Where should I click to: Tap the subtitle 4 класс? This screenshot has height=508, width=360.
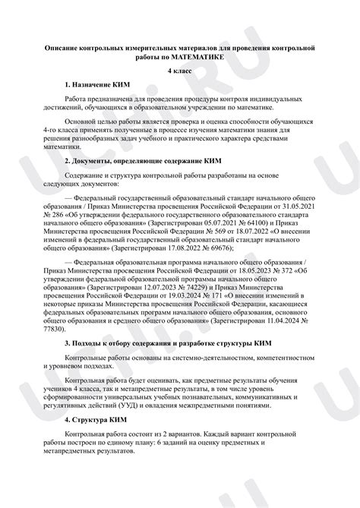tap(180, 71)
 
